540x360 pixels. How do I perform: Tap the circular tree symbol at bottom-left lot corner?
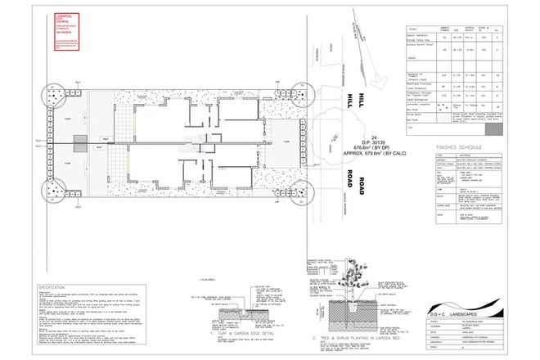pyautogui.click(x=54, y=194)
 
